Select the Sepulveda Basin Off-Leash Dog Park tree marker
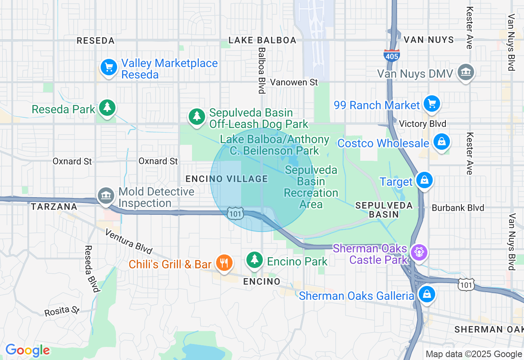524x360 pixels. pos(197,116)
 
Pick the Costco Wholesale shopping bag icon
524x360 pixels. pos(441,142)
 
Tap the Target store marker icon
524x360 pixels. pos(424,180)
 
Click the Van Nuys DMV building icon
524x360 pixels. pos(465,72)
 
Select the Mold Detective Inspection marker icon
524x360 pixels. pos(106,196)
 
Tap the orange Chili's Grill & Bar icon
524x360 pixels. pos(224,263)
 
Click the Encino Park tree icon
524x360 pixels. pos(255,259)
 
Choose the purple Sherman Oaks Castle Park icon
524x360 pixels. pos(419,252)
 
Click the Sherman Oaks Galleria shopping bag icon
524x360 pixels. pos(427,294)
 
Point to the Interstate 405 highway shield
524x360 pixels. pos(392,55)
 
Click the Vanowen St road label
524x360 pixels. pos(294,82)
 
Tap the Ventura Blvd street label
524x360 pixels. pos(129,241)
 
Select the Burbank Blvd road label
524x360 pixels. pos(458,208)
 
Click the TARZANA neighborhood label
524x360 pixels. pos(54,207)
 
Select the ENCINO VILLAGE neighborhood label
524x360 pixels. pos(226,179)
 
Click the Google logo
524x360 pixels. pos(27,350)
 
